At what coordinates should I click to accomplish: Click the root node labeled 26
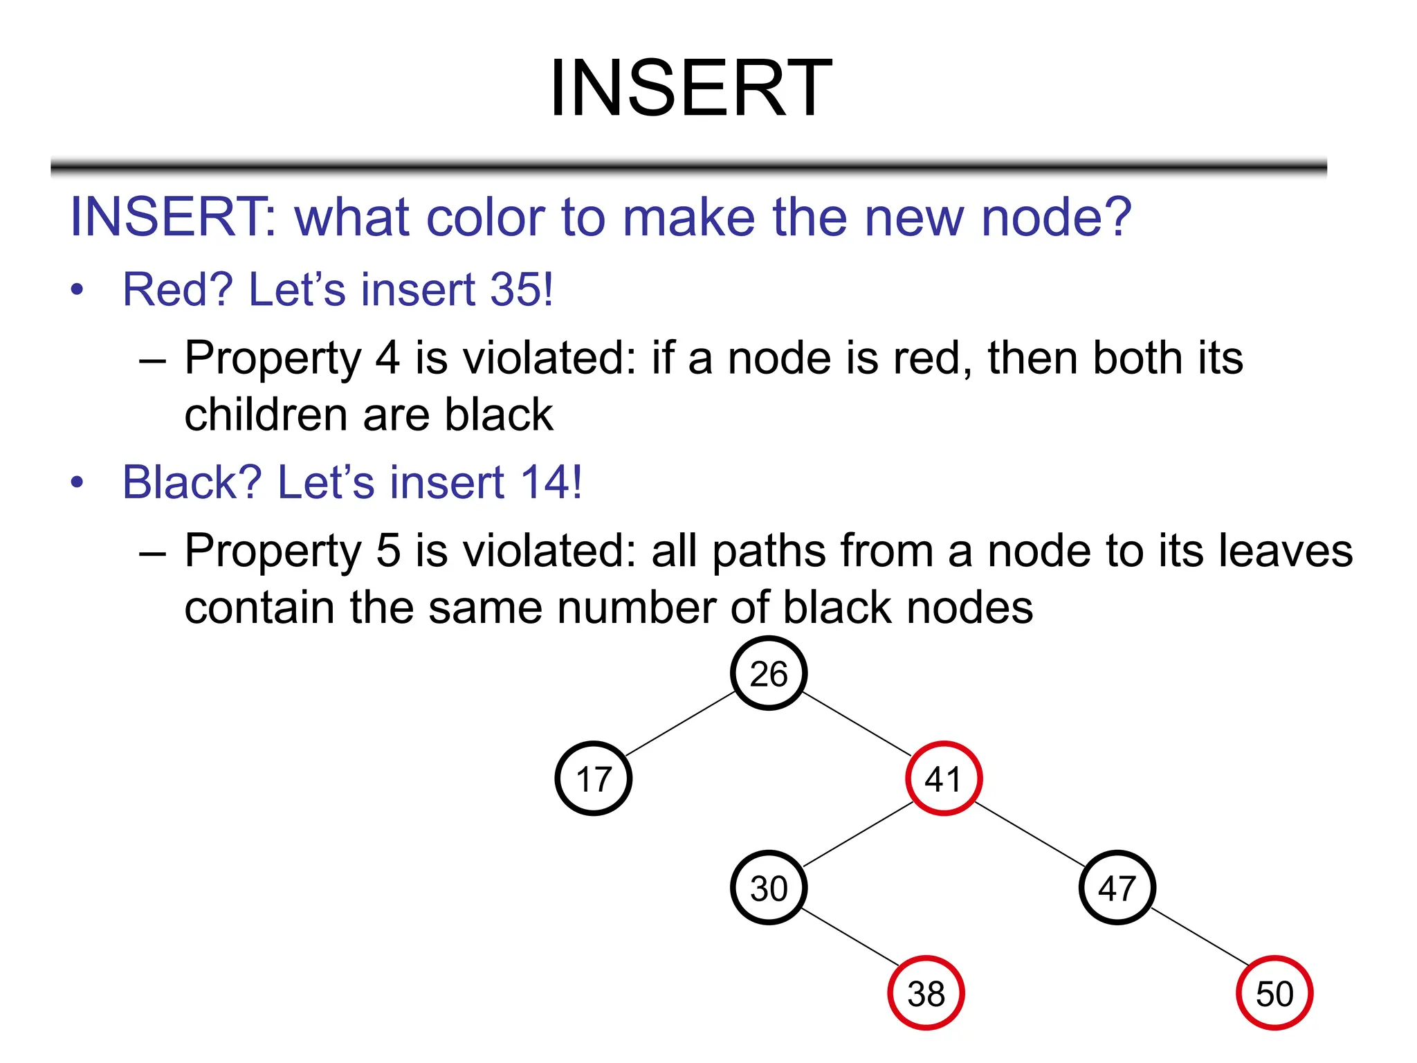tap(768, 673)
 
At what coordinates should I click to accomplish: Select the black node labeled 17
tap(593, 779)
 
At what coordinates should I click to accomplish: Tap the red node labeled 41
tap(943, 779)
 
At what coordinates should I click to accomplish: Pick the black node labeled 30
tap(768, 888)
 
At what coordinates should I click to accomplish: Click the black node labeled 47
tap(1117, 888)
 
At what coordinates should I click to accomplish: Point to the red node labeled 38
tap(926, 993)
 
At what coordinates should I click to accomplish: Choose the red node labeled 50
tap(1274, 993)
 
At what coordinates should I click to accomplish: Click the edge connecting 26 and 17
tap(680, 724)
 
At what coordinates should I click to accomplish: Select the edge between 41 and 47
tap(1030, 834)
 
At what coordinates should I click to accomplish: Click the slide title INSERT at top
tap(691, 89)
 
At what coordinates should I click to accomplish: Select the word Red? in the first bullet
tap(178, 289)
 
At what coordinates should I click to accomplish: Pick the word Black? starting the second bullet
tap(192, 482)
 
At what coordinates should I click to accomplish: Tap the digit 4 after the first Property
tap(387, 358)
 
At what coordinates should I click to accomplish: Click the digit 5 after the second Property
tap(388, 552)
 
